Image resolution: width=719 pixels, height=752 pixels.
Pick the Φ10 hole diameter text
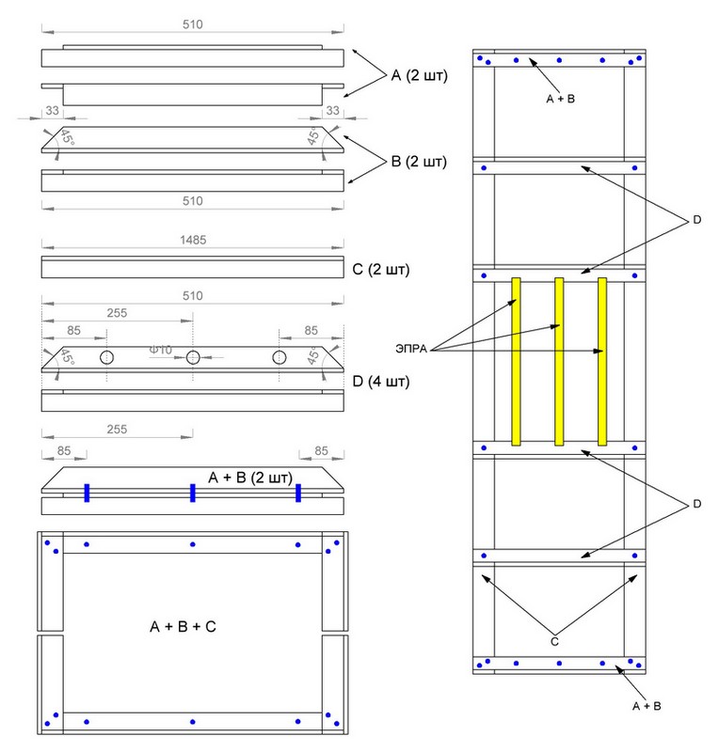(x=162, y=350)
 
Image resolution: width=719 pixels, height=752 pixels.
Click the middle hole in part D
(x=193, y=357)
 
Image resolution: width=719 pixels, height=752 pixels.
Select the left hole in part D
(x=106, y=357)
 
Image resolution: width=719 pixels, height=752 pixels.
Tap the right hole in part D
(x=280, y=357)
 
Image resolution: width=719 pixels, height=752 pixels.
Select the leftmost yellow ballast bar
(x=516, y=361)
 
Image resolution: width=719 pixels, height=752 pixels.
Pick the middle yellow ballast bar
(x=559, y=361)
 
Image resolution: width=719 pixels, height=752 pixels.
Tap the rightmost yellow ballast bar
(x=602, y=361)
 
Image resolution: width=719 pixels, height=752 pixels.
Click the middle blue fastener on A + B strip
(x=192, y=493)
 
